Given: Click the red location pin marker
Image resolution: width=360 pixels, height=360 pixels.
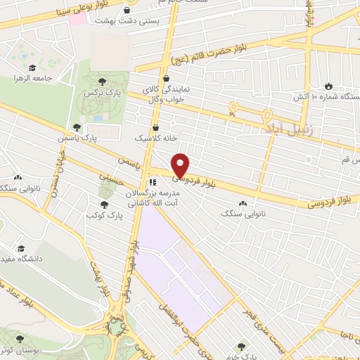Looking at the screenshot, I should point(181,165).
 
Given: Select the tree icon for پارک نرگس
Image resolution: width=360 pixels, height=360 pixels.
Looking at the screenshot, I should point(103,82).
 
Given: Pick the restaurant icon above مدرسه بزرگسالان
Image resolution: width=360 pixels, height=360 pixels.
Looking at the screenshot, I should point(153,181).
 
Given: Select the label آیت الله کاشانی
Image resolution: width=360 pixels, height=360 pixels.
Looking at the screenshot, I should point(151,201).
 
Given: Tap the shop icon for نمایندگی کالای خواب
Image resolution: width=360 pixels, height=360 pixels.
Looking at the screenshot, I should point(167,79).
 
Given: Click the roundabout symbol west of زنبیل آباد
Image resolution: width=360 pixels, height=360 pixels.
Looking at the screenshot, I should point(232,110).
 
